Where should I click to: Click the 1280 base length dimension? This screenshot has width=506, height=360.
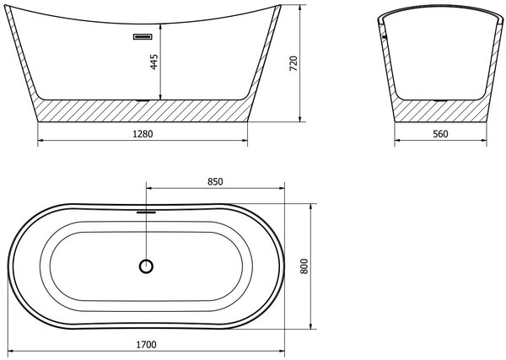point(143,133)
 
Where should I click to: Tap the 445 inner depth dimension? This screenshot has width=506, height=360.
point(154,62)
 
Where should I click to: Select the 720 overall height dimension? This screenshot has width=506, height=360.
point(293,63)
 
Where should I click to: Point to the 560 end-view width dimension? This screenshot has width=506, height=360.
point(440,133)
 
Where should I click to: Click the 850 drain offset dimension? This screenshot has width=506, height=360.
point(215,181)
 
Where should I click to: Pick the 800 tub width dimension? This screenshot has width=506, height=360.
point(304,266)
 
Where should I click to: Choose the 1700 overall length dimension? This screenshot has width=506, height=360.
point(146,345)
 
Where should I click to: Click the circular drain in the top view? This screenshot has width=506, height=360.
point(146,266)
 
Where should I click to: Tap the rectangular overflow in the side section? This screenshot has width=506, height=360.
point(143,37)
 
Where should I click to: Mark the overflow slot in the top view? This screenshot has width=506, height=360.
point(146,212)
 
